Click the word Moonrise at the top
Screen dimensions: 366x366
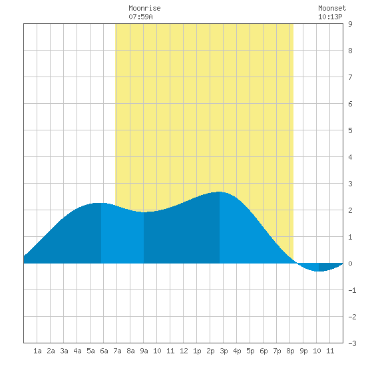pos(144,8)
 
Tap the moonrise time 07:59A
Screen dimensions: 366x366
pos(140,17)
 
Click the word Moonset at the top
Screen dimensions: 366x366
pos(332,8)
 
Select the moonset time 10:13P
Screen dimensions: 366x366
pos(330,17)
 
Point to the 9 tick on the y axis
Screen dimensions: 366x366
pos(350,24)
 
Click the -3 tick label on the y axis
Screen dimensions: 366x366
pos(352,343)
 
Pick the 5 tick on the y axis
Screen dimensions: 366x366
pos(350,130)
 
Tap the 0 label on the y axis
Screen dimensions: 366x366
pos(350,264)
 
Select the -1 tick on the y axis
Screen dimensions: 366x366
pos(352,290)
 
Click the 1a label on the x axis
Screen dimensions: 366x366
pos(37,351)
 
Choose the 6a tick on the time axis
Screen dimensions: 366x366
pos(104,351)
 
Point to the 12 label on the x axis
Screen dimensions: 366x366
pos(184,351)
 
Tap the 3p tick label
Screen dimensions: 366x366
pos(224,351)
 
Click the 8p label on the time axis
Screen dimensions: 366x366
pos(290,351)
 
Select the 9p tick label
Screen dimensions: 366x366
pos(303,351)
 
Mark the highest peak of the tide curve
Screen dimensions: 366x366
pos(220,192)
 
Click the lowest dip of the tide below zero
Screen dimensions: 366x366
pos(319,272)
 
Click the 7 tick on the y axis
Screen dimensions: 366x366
pos(350,77)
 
